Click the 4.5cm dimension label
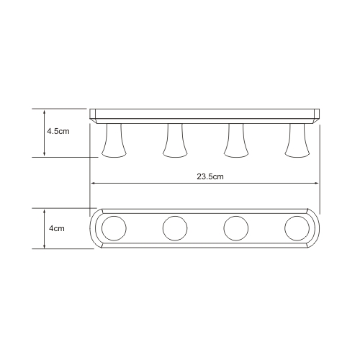[x=58, y=131]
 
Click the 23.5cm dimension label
[x=210, y=176]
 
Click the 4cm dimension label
[x=57, y=228]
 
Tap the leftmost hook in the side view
[x=114, y=140]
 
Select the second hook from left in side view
[x=175, y=140]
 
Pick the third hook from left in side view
[x=236, y=140]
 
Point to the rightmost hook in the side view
[x=297, y=140]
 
